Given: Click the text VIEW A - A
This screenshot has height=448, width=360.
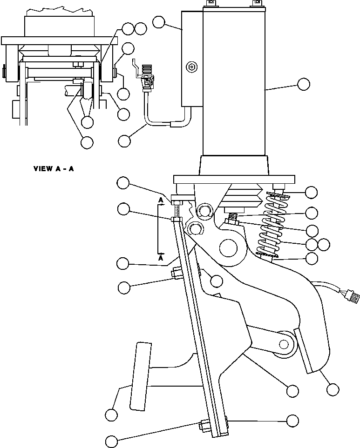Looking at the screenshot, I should pos(54,168).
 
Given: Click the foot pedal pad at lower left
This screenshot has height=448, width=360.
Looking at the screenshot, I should pos(141,376).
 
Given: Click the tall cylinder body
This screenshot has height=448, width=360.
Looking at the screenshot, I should pos(234,84).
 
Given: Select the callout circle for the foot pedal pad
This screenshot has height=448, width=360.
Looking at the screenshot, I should pos(111,414).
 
